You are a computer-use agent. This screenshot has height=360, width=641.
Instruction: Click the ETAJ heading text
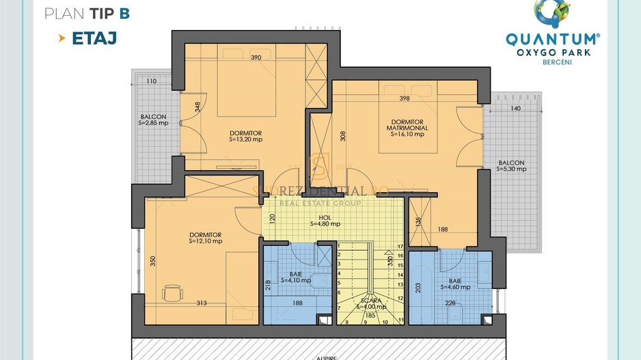click(94, 38)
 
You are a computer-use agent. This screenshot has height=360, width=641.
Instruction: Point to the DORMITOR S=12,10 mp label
click(205, 238)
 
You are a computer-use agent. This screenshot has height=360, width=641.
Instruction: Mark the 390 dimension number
click(256, 57)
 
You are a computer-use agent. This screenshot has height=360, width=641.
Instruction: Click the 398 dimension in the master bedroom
click(404, 98)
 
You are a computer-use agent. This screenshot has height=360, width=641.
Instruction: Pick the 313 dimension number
click(201, 304)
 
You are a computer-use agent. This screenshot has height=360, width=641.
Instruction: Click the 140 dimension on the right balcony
click(515, 109)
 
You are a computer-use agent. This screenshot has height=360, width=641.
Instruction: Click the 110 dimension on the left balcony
click(151, 81)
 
